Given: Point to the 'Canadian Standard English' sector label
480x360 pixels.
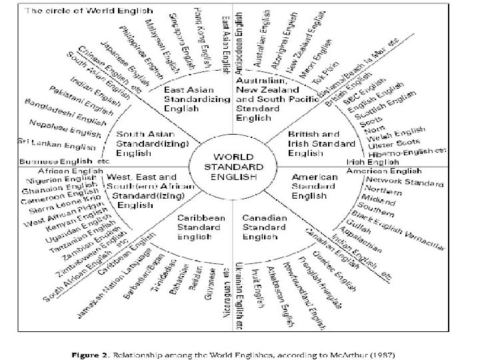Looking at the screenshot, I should point(265,227).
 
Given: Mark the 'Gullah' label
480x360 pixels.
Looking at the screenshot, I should point(371,225).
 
